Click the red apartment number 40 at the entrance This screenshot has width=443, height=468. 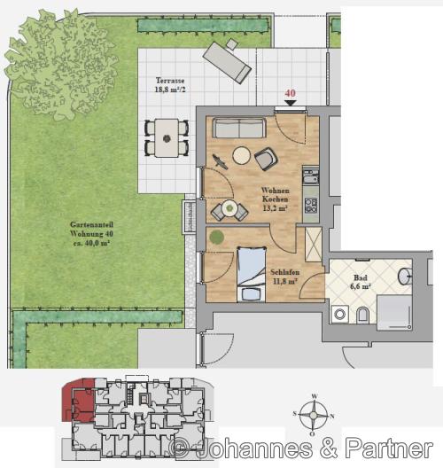pyautogui.click(x=290, y=93)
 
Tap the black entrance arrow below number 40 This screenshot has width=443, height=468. pyautogui.click(x=290, y=103)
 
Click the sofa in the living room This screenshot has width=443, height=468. pyautogui.click(x=239, y=128)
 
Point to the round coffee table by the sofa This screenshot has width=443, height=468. pyautogui.click(x=242, y=155)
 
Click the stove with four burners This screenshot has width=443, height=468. pyautogui.click(x=311, y=205)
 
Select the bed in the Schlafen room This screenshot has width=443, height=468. pyautogui.click(x=252, y=275)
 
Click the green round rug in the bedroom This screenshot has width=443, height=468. pyautogui.click(x=216, y=238)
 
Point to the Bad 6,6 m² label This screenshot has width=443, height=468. pyautogui.click(x=361, y=282)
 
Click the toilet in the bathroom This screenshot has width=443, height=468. pyautogui.click(x=363, y=315)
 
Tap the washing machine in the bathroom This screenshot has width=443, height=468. pyautogui.click(x=340, y=314)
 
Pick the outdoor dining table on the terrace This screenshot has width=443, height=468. pyautogui.click(x=167, y=138)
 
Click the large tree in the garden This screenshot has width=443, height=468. pyautogui.click(x=60, y=64)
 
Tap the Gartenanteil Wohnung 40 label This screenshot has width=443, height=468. pyautogui.click(x=91, y=234)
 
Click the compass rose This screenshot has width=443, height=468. pyautogui.click(x=314, y=415)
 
